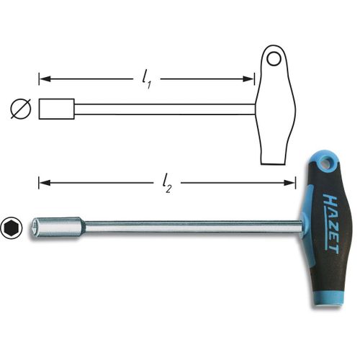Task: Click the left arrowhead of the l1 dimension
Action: coord(42,78)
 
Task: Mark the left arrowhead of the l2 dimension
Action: coord(42,183)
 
